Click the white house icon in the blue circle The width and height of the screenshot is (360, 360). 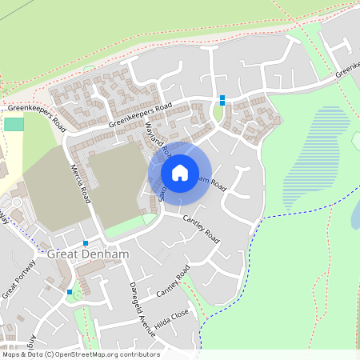[180, 172]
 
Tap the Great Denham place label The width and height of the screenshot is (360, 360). [88, 254]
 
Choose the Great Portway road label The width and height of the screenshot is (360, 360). [17, 284]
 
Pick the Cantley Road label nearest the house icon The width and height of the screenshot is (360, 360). [201, 228]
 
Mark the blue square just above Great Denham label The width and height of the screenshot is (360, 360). [85, 242]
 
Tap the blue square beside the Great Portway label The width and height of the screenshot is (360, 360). [70, 292]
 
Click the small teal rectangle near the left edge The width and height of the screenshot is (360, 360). [14, 124]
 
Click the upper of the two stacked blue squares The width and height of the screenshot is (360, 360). [222, 98]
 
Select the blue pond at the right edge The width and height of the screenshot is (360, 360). [355, 211]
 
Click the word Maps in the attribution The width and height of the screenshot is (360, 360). [11, 354]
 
